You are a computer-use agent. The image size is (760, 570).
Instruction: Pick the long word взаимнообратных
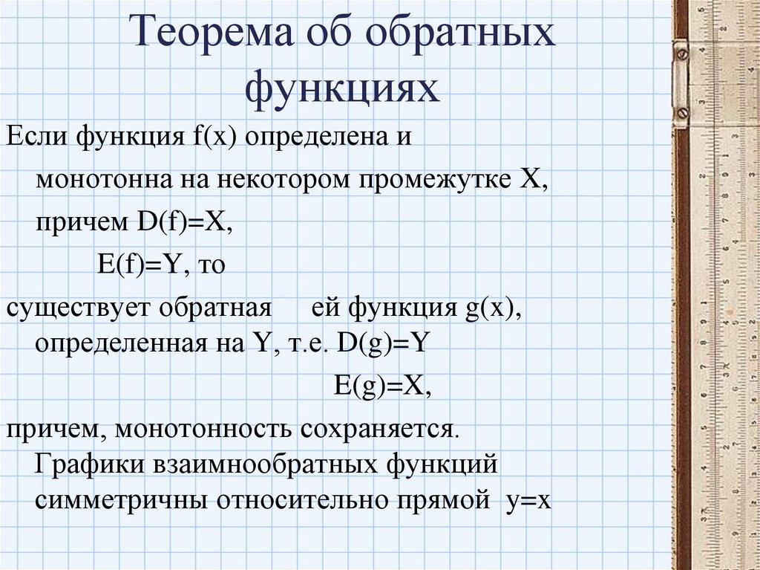point(266,465)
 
